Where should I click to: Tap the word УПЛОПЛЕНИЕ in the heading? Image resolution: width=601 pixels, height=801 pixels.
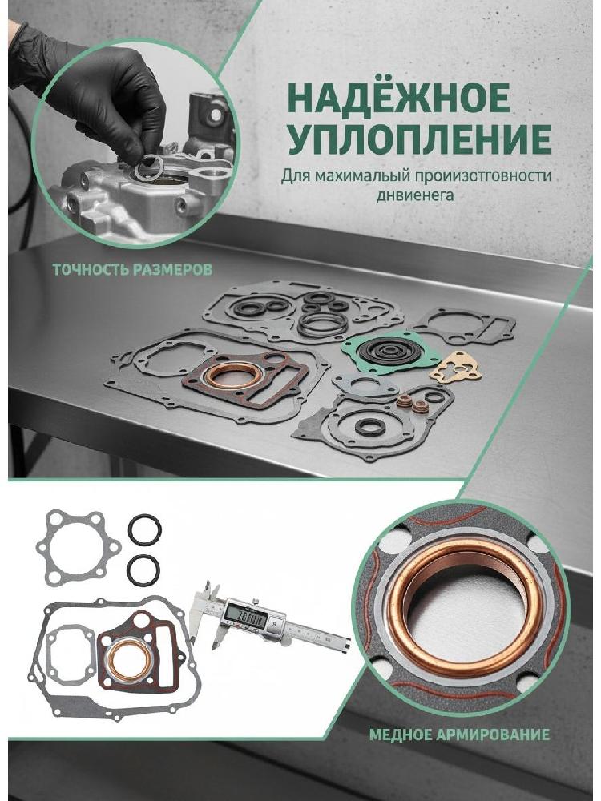coord(420,138)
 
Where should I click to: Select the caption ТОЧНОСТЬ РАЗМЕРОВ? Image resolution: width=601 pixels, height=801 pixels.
coord(132,270)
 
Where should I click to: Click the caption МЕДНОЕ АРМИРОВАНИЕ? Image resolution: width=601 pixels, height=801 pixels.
coord(459,735)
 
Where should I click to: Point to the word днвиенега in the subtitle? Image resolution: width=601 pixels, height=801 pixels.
coord(415,195)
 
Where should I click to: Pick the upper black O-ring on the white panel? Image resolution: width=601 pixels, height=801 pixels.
coord(144,530)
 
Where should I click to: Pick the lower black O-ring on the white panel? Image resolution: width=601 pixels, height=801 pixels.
coord(143,570)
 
